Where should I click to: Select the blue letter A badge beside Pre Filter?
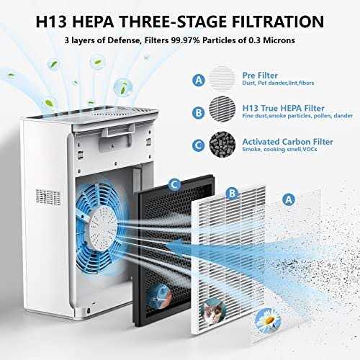[199, 80]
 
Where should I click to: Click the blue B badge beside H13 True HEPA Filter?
[199, 112]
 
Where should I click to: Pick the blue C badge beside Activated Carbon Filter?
[199, 145]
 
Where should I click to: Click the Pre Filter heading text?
[260, 76]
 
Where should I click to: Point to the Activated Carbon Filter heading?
[287, 142]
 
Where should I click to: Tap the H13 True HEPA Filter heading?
[283, 108]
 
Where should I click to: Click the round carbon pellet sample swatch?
[222, 144]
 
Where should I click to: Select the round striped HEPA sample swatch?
[222, 109]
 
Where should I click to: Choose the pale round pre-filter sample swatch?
[222, 78]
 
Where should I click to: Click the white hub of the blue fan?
[104, 228]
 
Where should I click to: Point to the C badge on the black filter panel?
[175, 185]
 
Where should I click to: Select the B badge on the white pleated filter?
[232, 193]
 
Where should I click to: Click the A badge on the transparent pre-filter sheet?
[289, 199]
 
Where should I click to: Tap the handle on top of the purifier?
[118, 130]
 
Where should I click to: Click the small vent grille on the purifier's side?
[48, 197]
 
